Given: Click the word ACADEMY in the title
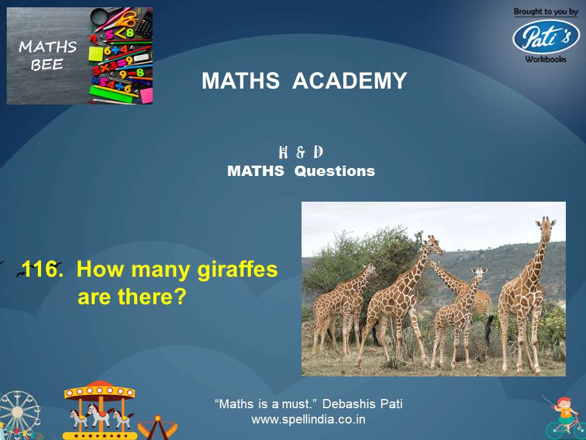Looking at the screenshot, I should tap(349, 81).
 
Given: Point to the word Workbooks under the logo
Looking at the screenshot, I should tap(545, 59).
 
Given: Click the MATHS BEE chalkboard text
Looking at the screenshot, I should tap(48, 56).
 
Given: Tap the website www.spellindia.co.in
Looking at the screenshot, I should tap(308, 420).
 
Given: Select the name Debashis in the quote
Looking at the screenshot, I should tap(347, 404).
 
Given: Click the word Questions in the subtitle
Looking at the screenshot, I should tap(335, 171).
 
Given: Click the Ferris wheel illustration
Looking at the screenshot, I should tap(18, 416).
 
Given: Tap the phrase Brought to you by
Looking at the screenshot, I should tap(546, 12).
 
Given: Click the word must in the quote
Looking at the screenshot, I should tap(297, 404).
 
